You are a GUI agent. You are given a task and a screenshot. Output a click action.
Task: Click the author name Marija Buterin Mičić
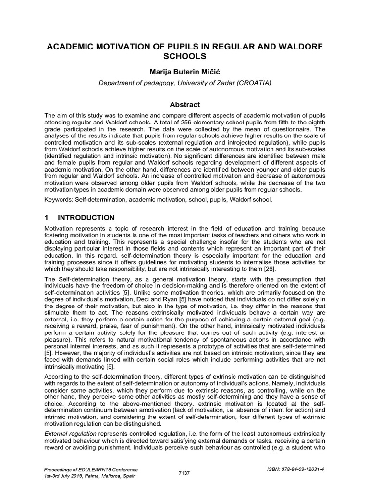185,71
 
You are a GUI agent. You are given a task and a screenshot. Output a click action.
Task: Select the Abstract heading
185,104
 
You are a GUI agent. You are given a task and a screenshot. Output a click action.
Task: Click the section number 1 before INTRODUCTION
47,218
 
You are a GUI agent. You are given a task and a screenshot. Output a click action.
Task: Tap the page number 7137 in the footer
184,473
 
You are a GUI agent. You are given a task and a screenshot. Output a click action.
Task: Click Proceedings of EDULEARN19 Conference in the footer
91,469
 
